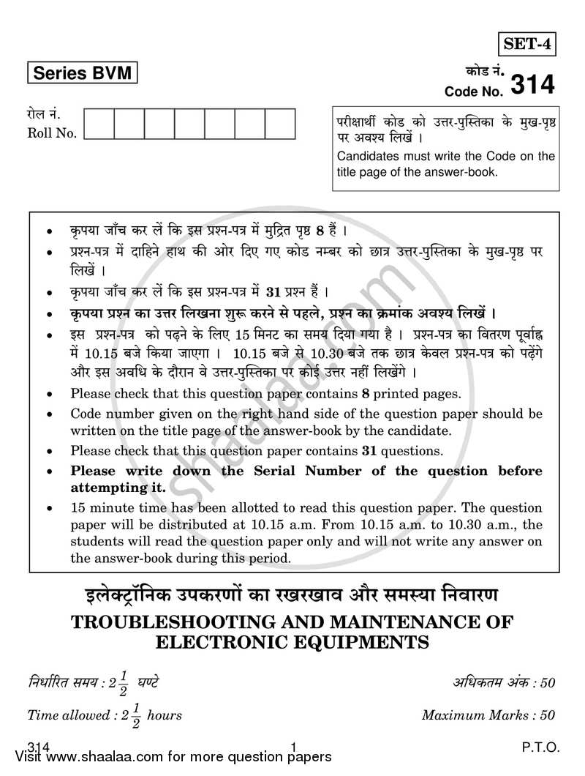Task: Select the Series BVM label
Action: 82,74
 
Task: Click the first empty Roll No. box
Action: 99,124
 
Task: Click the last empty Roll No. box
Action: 280,124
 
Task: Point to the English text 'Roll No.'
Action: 52,133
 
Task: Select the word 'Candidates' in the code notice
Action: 366,155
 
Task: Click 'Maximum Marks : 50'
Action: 488,715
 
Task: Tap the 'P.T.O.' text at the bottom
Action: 541,747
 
